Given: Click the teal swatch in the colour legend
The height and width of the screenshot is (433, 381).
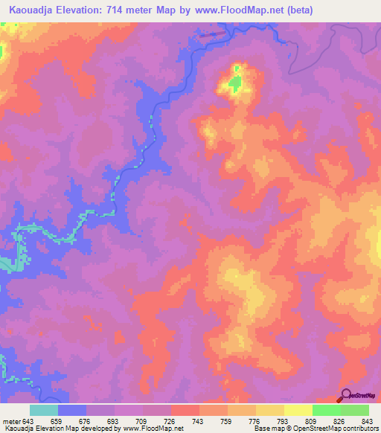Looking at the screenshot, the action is pos(44,410).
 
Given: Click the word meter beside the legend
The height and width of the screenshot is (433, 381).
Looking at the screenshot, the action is pos(13,422).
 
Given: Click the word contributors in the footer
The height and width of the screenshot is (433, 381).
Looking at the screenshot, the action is pos(359,429).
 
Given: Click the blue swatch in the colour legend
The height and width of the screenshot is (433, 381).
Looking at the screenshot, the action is pos(72,410).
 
